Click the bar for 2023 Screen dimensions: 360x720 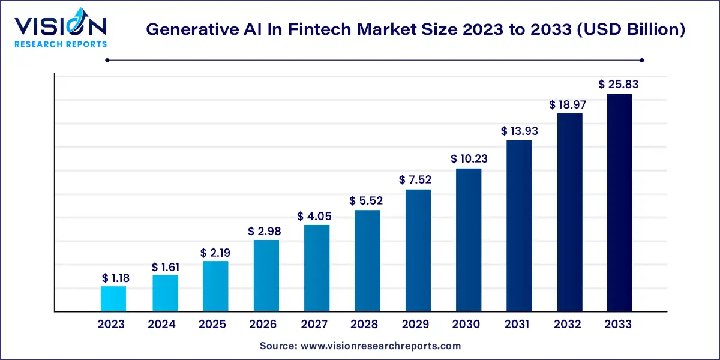point(113,299)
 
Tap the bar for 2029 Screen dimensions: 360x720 point(418,250)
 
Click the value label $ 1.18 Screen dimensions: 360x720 point(115,278)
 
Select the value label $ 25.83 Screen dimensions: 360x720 point(618,85)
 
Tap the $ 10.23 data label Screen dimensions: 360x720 point(469,159)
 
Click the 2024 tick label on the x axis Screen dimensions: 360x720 point(161,325)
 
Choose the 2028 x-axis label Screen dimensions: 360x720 point(365,325)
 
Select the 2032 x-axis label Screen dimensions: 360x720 point(568,325)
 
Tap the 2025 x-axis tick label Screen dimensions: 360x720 point(212,325)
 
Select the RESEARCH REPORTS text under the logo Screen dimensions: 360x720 point(60,44)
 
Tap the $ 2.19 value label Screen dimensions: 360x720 point(215,253)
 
